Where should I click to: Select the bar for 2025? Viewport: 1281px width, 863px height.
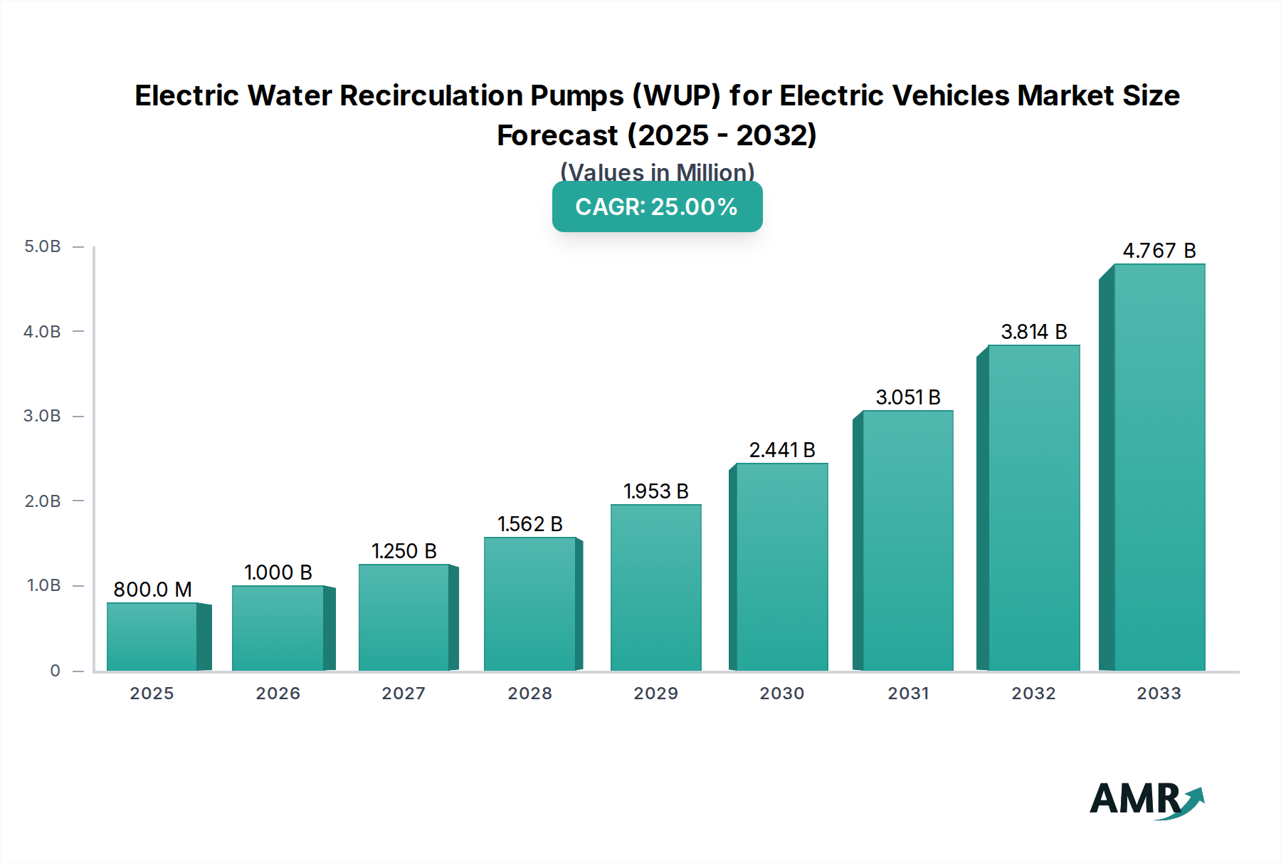152,637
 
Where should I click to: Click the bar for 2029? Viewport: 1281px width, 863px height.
655,587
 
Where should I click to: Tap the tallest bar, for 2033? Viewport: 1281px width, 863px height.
1159,467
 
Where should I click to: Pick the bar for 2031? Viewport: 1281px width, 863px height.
907,540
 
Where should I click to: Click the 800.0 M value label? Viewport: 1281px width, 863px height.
152,590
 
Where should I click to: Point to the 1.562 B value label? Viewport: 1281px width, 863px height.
529,524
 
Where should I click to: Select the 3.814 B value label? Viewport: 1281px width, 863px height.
1033,332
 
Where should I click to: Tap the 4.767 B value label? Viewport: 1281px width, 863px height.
1159,251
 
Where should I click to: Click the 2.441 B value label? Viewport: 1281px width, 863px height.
781,450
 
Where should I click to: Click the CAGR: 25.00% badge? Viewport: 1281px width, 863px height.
657,206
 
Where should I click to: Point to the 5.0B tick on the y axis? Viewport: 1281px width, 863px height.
43,246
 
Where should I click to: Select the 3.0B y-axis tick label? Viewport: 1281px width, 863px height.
43,416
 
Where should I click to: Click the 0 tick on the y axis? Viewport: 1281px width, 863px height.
55,671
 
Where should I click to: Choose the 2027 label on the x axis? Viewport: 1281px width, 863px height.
404,694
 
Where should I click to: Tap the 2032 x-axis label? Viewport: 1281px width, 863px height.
1033,694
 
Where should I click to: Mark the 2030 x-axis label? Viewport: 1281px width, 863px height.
781,694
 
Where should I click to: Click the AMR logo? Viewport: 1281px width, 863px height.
1146,800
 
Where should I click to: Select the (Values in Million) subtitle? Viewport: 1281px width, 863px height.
657,172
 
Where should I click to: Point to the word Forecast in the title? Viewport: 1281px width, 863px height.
557,135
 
